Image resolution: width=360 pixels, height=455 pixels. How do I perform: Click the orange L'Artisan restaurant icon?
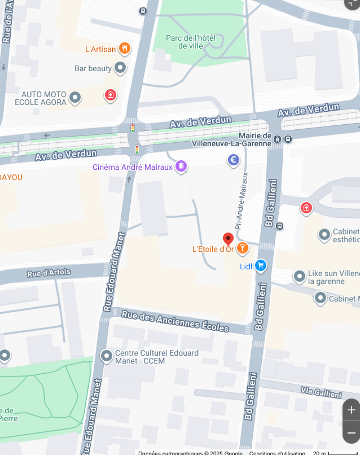tap(125, 48)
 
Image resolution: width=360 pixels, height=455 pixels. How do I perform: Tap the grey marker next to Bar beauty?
tap(120, 67)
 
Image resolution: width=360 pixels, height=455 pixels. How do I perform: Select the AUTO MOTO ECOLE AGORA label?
tap(41, 98)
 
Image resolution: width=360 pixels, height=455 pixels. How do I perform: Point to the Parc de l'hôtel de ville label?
tap(190, 42)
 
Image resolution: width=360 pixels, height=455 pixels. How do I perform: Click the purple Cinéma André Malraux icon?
tap(181, 166)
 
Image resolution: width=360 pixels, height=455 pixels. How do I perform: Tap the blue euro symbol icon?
tap(233, 160)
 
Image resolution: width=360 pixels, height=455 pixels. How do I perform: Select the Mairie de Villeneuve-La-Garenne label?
tap(231, 140)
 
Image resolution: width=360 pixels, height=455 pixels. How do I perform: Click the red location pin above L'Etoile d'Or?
tap(228, 239)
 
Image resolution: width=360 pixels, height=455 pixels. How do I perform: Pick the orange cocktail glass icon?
tap(243, 248)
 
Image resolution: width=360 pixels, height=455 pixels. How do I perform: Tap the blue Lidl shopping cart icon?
tap(261, 266)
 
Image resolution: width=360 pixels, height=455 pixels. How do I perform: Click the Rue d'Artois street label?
tap(49, 273)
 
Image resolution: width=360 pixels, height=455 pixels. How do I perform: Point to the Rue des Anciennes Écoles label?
tap(175, 321)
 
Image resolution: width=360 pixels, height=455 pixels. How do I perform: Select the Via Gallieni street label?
tap(321, 392)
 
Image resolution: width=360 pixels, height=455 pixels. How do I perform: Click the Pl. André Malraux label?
tap(241, 201)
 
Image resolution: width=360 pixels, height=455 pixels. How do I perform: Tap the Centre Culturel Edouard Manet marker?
tap(107, 356)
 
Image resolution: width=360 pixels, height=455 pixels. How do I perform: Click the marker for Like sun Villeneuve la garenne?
tap(300, 276)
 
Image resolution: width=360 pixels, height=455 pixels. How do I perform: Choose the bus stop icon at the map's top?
tap(143, 11)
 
